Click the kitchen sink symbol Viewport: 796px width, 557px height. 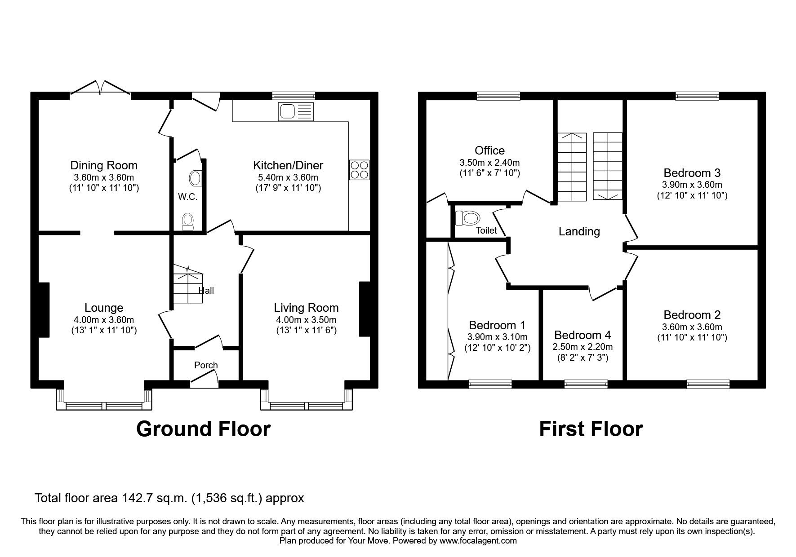point(295,111)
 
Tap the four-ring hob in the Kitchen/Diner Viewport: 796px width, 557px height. point(359,170)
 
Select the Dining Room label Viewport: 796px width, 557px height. point(104,165)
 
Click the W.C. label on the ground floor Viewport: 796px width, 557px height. point(187,197)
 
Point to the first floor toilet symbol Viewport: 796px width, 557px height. point(467,219)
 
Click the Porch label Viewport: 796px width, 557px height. point(206,365)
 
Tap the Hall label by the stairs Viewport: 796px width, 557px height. point(206,291)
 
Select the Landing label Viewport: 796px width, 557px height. point(579,231)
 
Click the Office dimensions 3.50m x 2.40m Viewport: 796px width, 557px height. point(489,163)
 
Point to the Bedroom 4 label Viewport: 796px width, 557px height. point(583,335)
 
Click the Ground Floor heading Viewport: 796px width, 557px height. point(203,429)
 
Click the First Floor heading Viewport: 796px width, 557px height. point(591,429)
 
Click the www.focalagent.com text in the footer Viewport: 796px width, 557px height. point(478,541)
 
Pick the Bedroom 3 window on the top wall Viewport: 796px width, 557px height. point(697,96)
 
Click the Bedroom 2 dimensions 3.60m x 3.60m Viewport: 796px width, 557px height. point(692,327)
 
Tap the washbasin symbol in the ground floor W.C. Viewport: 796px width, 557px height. point(196,178)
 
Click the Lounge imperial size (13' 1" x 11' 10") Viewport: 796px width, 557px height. point(104,331)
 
